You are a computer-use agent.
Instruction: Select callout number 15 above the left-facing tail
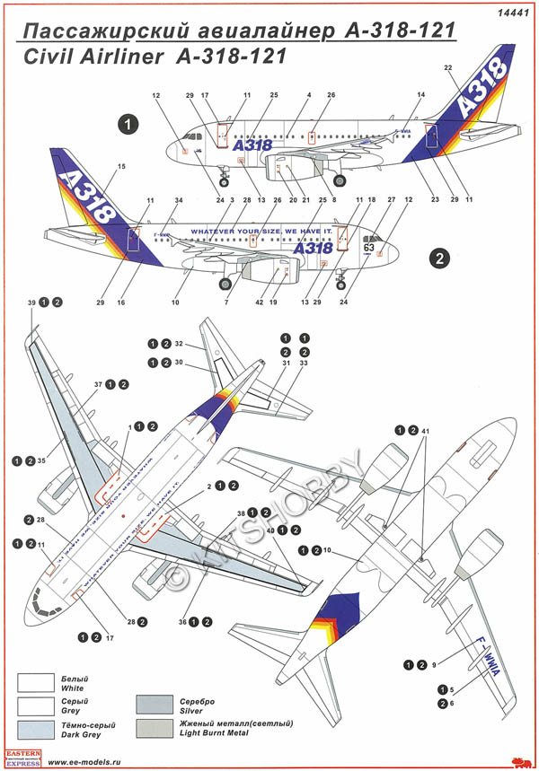[122, 167]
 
